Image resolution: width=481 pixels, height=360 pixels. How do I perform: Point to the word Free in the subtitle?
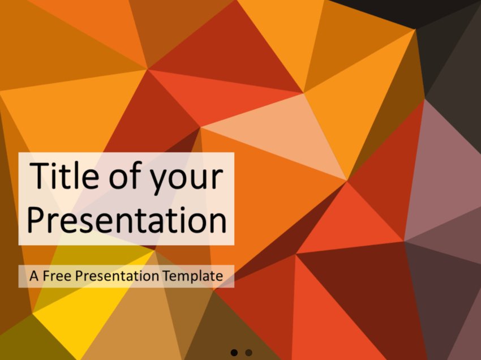pyautogui.click(x=58, y=276)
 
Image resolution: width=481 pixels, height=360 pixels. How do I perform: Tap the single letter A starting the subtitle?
pyautogui.click(x=35, y=276)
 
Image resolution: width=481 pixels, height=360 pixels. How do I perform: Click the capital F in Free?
pyautogui.click(x=48, y=276)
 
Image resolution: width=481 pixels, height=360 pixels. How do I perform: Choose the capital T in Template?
pyautogui.click(x=167, y=276)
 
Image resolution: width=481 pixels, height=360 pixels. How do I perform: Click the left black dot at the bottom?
pyautogui.click(x=234, y=353)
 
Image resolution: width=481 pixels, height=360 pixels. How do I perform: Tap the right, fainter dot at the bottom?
pyautogui.click(x=248, y=353)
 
